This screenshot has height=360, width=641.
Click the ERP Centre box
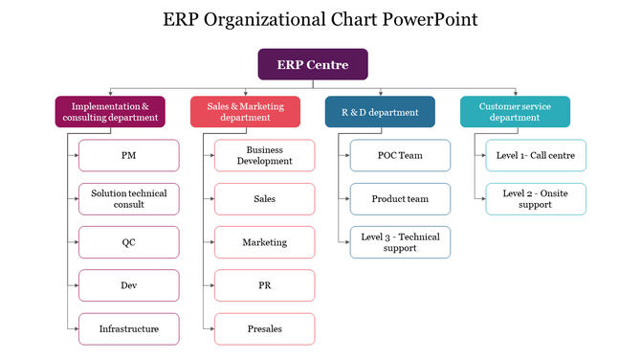point(313,64)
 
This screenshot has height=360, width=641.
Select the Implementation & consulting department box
point(110,112)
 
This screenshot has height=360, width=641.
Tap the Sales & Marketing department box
point(246,112)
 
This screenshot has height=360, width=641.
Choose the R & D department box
point(380,112)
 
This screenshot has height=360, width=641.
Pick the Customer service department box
point(515,112)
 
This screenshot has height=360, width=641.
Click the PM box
point(128,155)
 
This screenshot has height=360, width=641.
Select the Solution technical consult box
point(128,199)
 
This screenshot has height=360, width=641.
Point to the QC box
point(128,242)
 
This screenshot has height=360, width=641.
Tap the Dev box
point(128,285)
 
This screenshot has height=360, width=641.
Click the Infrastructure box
point(128,328)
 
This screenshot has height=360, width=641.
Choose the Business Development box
point(264,155)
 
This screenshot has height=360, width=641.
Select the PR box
point(264,285)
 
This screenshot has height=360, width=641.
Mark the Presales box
point(264,328)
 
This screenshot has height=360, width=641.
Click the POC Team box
point(399,155)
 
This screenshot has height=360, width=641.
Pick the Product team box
point(399,199)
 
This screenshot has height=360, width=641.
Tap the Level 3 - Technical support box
point(399,242)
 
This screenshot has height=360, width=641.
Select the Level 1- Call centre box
point(535,155)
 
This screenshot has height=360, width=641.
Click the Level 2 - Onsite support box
point(535,199)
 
